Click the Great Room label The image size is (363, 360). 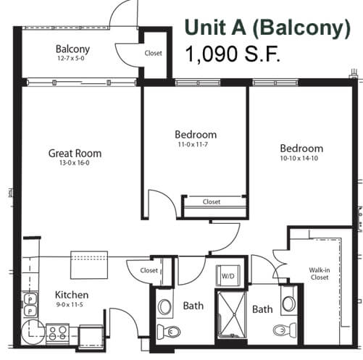point(75,154)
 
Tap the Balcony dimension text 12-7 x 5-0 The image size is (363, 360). point(71,59)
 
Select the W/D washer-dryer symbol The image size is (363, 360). point(228,275)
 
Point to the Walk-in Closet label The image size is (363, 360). point(320,274)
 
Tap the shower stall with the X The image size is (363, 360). point(232,314)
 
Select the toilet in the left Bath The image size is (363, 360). point(169,332)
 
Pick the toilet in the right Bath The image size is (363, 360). point(285,330)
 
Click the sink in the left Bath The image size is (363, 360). point(164,306)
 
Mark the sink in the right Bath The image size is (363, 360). point(289,304)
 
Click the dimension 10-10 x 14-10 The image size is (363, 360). point(299,159)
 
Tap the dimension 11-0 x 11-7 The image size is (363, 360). point(193,144)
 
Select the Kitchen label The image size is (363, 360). point(72,295)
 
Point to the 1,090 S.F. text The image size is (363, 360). point(233,54)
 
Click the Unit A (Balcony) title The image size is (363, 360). point(267,28)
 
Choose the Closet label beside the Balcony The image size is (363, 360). point(153,53)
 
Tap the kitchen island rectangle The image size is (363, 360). point(89,265)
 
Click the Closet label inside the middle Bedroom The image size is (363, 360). point(212,201)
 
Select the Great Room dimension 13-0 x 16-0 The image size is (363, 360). point(75,163)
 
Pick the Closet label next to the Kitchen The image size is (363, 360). point(149,270)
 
